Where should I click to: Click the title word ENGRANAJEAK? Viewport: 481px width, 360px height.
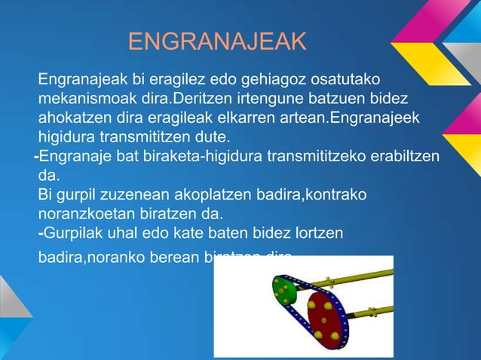[217, 42]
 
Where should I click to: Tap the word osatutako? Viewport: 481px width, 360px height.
[346, 79]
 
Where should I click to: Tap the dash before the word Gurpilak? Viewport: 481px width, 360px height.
[41, 234]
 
